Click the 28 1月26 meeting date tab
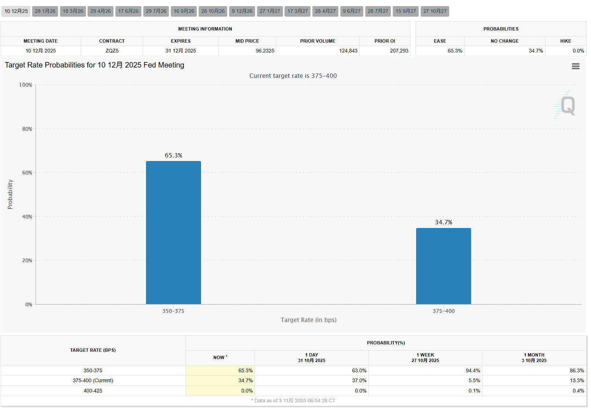pyautogui.click(x=45, y=11)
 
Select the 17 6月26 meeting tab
pyautogui.click(x=128, y=11)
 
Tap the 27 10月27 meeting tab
pyautogui.click(x=435, y=11)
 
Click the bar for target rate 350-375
pyautogui.click(x=173, y=232)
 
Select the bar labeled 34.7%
pyautogui.click(x=443, y=266)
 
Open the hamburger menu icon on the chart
pyautogui.click(x=576, y=66)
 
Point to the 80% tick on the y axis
pyautogui.click(x=27, y=129)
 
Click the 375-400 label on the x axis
pyautogui.click(x=444, y=311)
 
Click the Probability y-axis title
pyautogui.click(x=10, y=194)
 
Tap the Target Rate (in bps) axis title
pyautogui.click(x=308, y=320)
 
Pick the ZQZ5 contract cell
pyautogui.click(x=112, y=51)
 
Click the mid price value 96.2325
pyautogui.click(x=265, y=51)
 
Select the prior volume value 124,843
pyautogui.click(x=348, y=51)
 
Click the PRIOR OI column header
pyautogui.click(x=384, y=41)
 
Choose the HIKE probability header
pyautogui.click(x=565, y=41)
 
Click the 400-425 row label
pyautogui.click(x=93, y=391)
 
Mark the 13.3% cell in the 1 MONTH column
pyautogui.click(x=577, y=380)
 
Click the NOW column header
pyautogui.click(x=220, y=357)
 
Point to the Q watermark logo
pyautogui.click(x=567, y=106)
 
